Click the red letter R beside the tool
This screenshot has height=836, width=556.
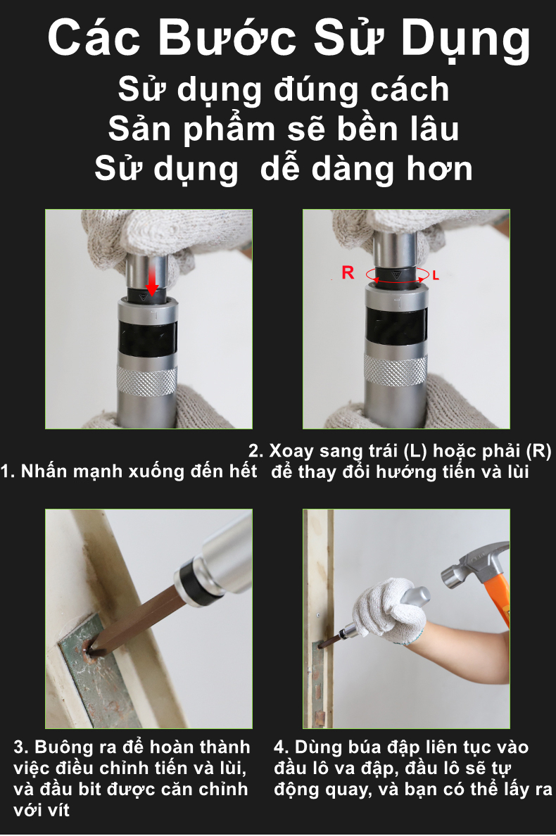[x=348, y=272]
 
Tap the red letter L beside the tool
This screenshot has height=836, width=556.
[x=436, y=276]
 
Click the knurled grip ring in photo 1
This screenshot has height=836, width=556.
[x=146, y=380]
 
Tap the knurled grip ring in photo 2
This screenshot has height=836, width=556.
[x=396, y=369]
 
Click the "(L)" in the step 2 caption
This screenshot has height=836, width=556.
[x=415, y=451]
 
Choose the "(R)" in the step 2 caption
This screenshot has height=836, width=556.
[x=539, y=451]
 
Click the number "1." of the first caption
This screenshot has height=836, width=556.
[x=8, y=471]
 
